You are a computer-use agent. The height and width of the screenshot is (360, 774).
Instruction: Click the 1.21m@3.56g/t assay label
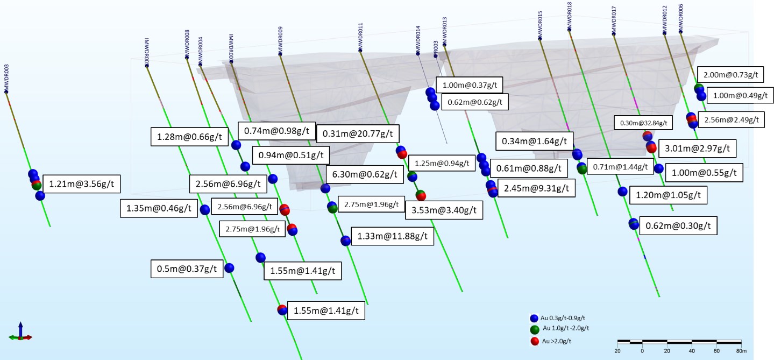point(81,185)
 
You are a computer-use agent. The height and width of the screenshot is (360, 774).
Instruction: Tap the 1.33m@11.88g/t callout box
point(392,236)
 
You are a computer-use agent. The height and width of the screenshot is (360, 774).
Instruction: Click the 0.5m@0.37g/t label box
point(186,268)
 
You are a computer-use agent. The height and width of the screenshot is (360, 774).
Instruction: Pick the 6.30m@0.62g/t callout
point(363,174)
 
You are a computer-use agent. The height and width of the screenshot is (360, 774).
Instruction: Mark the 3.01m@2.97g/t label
point(697,148)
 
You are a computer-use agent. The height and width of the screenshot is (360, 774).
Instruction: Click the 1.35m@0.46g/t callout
point(158,209)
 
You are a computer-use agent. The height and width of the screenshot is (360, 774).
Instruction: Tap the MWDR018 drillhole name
point(570,16)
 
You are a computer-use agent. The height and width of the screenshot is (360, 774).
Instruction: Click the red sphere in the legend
point(534,341)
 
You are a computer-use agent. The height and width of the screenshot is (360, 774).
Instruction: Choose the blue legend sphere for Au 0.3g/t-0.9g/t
point(534,318)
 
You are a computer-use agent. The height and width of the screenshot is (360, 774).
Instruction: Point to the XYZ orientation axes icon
point(20,332)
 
